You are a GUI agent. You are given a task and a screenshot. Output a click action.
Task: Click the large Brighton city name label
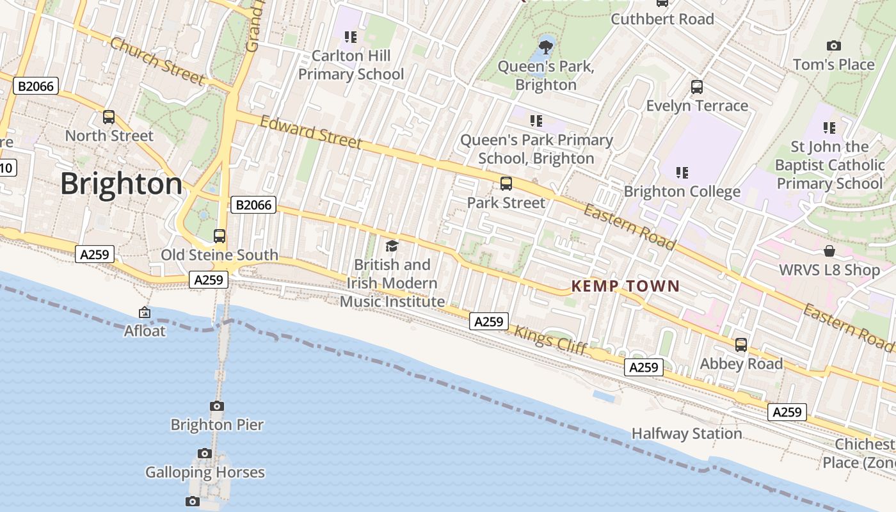click(x=122, y=184)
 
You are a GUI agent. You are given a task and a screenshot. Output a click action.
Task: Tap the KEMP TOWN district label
click(x=625, y=286)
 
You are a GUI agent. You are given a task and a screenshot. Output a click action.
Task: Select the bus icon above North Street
click(x=109, y=117)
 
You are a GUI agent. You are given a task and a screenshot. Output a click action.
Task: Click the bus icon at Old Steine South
click(x=220, y=236)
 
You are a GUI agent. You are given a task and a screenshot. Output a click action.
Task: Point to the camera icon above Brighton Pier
click(x=217, y=406)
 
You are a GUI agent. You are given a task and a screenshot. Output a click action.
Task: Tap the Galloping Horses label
click(x=205, y=472)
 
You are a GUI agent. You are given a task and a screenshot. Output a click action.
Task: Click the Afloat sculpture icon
click(x=145, y=312)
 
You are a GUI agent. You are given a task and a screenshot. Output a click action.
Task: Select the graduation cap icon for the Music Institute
click(x=392, y=246)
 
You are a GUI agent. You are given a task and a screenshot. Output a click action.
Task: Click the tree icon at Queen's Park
click(x=546, y=47)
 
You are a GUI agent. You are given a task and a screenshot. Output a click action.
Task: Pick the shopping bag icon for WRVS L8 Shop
click(x=829, y=251)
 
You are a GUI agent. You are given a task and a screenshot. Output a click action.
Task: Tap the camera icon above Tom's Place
click(x=833, y=45)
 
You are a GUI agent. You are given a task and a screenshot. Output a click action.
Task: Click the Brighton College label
click(x=682, y=191)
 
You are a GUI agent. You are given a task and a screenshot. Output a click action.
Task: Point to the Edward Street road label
click(x=310, y=131)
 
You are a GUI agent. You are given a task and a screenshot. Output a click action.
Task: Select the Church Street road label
click(x=157, y=61)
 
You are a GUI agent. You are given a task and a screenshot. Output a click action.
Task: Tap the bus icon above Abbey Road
click(x=741, y=345)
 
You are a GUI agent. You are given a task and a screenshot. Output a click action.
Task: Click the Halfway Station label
click(x=687, y=434)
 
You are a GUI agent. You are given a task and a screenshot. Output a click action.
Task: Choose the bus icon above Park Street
click(x=506, y=184)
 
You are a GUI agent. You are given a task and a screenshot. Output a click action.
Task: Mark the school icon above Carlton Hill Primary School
click(x=350, y=37)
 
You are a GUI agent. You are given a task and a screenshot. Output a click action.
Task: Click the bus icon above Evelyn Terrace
click(x=697, y=86)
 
